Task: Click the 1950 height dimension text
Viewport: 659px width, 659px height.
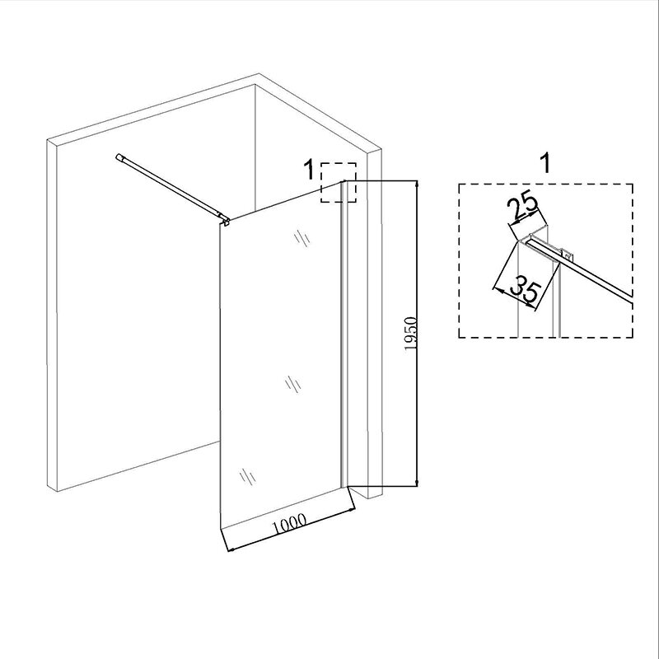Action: pyautogui.click(x=410, y=334)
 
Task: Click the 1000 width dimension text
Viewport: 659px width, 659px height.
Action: pyautogui.click(x=290, y=524)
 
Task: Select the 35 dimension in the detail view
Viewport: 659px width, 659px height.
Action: pyautogui.click(x=525, y=290)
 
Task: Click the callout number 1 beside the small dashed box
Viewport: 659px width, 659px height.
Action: pyautogui.click(x=309, y=170)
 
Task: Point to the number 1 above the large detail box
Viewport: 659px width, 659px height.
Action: pyautogui.click(x=545, y=163)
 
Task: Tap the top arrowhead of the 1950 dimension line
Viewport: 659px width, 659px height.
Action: pyautogui.click(x=417, y=185)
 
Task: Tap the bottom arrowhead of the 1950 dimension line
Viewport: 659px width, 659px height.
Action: pyautogui.click(x=417, y=482)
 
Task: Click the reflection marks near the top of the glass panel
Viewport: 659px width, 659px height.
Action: pyautogui.click(x=301, y=237)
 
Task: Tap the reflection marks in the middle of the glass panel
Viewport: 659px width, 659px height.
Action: pyautogui.click(x=292, y=384)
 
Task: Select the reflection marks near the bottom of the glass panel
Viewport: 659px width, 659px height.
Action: pyautogui.click(x=248, y=477)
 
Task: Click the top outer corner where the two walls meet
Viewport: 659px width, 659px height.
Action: pyautogui.click(x=259, y=73)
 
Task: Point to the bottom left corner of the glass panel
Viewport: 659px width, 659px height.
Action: pyautogui.click(x=221, y=526)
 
